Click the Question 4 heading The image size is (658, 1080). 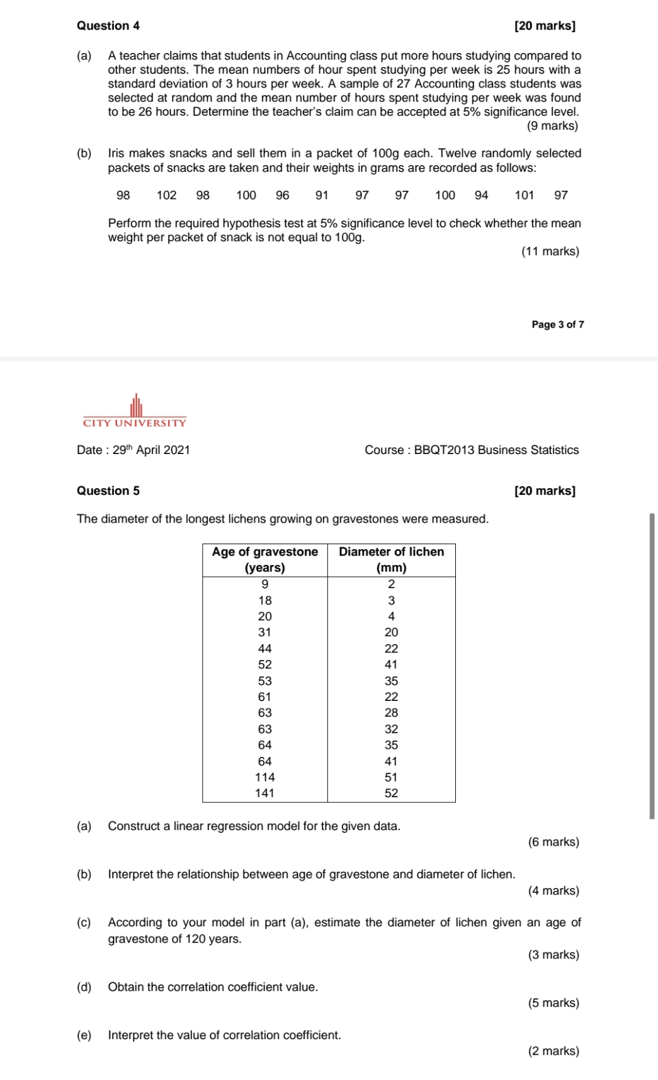click(x=108, y=26)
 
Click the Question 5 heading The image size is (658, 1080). click(x=108, y=491)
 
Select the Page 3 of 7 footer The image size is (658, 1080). click(x=557, y=324)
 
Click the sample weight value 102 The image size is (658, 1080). click(x=166, y=195)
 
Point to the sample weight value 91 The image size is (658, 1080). click(x=322, y=195)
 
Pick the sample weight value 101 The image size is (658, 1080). click(x=524, y=195)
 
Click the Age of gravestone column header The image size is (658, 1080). click(x=264, y=559)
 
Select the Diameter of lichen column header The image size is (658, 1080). click(x=391, y=559)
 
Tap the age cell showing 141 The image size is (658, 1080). click(x=264, y=793)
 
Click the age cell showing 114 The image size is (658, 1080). click(x=264, y=777)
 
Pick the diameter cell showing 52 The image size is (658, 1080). click(x=391, y=793)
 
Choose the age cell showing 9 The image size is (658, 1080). click(x=264, y=584)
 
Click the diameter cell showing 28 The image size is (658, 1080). click(x=391, y=713)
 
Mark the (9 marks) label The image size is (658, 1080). click(x=552, y=126)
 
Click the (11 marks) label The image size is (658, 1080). click(x=550, y=251)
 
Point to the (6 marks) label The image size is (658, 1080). click(x=553, y=842)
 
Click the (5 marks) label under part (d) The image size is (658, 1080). click(x=553, y=1003)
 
